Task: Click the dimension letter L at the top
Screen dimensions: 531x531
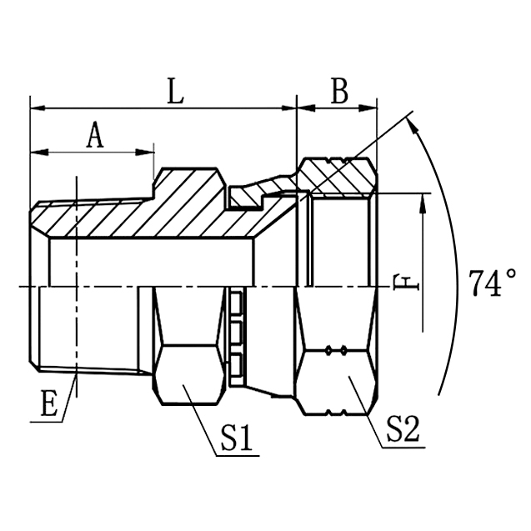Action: click(174, 93)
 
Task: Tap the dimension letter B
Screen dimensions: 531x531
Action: click(339, 93)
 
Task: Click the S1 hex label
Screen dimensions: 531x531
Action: click(237, 438)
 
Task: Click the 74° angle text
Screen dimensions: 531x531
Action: click(492, 283)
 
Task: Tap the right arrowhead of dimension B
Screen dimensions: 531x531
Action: click(373, 108)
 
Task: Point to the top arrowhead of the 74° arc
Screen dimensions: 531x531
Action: click(414, 121)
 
